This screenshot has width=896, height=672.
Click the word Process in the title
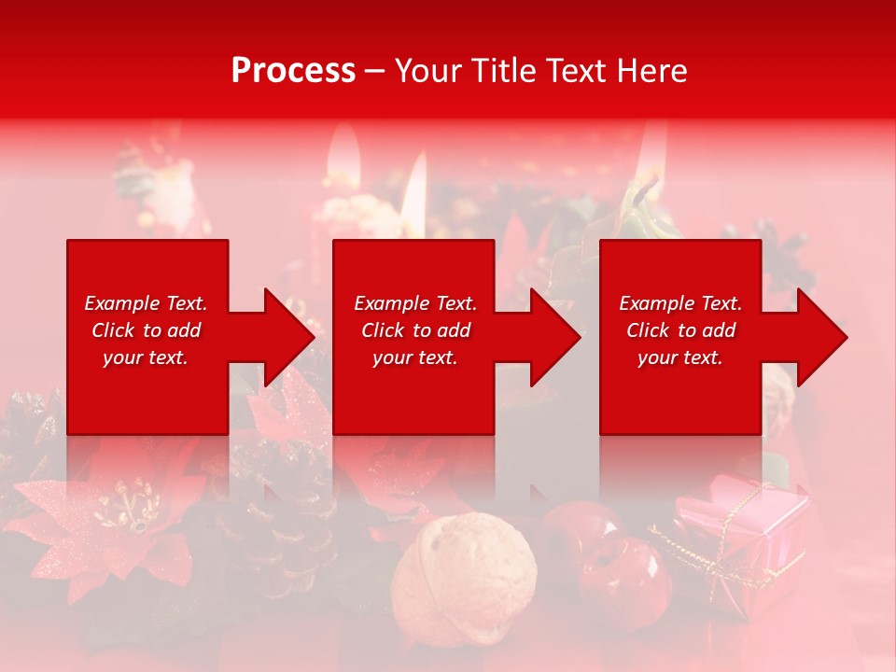click(293, 71)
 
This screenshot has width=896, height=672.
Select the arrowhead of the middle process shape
click(550, 337)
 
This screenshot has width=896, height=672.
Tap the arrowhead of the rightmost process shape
click(818, 337)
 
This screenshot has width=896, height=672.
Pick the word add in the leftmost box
click(184, 330)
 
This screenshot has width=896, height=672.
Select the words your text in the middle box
click(415, 357)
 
